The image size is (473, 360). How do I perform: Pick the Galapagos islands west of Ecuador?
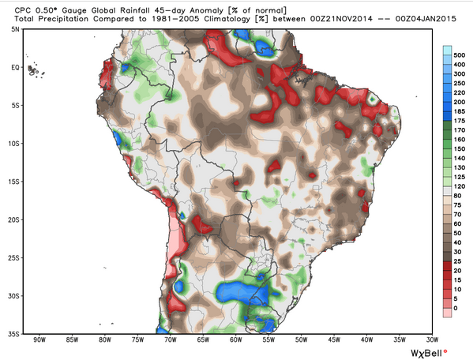(33, 70)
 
